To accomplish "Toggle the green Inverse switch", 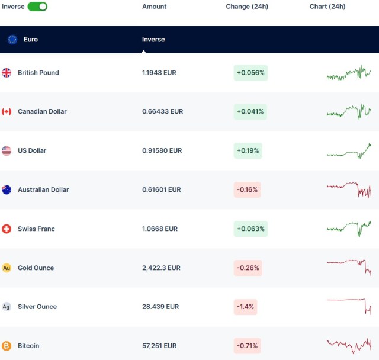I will tap(37, 7).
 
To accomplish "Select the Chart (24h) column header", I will tap(327, 7).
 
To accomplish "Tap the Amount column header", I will tap(155, 7).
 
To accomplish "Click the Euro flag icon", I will tap(12, 40).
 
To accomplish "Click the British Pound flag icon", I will tap(7, 73).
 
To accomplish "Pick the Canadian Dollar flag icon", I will tap(7, 111).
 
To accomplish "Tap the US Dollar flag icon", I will tap(7, 150).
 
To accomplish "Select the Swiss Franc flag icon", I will tap(7, 229).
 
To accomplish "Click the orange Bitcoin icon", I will tap(7, 346).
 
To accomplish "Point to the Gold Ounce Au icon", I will tap(7, 268).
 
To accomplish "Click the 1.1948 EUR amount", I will tap(159, 73).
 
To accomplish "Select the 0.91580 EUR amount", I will tap(162, 150).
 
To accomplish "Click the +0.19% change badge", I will tap(248, 150).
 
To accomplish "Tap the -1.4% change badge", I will tap(245, 307).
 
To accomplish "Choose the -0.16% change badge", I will tap(247, 189).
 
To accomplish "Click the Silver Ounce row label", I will tap(37, 307).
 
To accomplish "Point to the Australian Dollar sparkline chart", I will tap(349, 189).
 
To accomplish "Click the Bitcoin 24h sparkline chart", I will tap(349, 345).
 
